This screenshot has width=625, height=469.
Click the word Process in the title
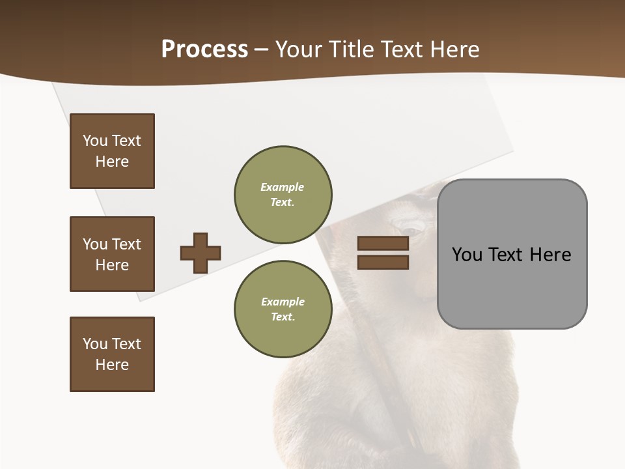tap(204, 50)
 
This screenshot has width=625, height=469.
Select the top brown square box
tap(112, 151)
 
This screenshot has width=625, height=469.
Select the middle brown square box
tap(112, 254)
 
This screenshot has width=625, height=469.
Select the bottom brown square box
tap(112, 354)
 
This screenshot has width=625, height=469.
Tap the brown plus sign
tap(201, 253)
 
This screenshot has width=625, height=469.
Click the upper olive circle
tap(283, 195)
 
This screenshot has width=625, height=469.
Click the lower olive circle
tap(283, 309)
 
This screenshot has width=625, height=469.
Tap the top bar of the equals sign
tap(383, 244)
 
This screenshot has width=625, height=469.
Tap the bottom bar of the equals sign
tap(383, 262)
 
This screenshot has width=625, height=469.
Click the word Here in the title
tap(451, 50)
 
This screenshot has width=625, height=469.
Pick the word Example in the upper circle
tap(283, 187)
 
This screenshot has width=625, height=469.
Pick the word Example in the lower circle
tap(283, 302)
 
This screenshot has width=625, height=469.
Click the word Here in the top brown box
tap(112, 162)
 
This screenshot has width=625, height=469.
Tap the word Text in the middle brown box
tap(126, 244)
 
